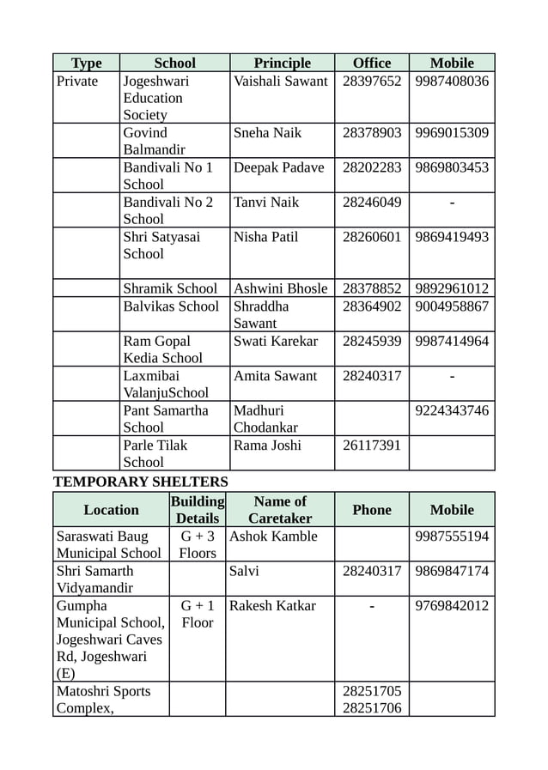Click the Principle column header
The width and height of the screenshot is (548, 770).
282,63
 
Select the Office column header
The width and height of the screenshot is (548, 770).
371,63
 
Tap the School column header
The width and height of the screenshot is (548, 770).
174,63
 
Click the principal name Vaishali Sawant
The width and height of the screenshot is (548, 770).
280,82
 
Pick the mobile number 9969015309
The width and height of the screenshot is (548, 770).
452,133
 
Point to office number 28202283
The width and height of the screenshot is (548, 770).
372,167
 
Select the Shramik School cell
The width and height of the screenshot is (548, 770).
170,288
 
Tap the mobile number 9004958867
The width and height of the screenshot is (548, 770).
452,306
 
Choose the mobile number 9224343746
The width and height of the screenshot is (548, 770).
452,410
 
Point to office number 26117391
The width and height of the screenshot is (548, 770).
372,446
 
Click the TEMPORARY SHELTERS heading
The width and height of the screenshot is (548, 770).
141,482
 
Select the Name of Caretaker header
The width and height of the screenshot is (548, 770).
280,510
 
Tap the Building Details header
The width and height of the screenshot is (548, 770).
198,510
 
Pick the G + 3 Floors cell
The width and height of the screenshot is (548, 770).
198,545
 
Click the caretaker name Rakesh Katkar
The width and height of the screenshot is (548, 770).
272,606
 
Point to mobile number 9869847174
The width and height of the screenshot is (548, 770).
452,571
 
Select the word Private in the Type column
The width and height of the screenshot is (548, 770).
77,82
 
